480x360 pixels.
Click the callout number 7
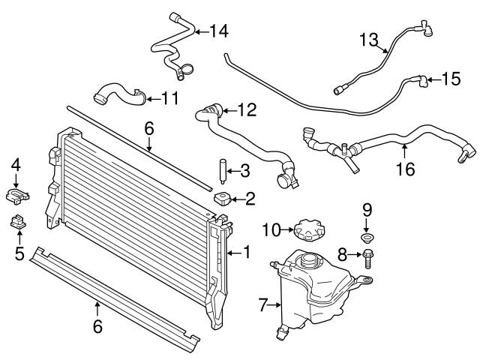(x=262, y=305)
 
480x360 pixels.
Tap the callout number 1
(x=246, y=253)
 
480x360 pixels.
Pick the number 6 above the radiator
(x=149, y=129)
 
